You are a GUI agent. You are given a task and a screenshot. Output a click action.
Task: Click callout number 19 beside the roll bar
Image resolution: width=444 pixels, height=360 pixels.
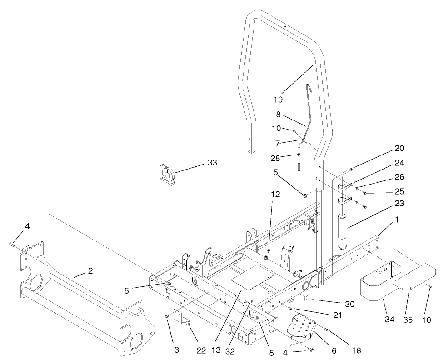pyautogui.click(x=279, y=99)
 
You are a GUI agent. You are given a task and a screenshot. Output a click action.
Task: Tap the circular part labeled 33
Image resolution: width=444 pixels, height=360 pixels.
pyautogui.click(x=168, y=175)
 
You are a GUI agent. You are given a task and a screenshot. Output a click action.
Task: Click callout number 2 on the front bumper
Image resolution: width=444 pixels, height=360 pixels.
pyautogui.click(x=90, y=271)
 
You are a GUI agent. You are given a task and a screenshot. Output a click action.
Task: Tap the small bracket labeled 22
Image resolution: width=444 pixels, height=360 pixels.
pyautogui.click(x=185, y=324)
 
